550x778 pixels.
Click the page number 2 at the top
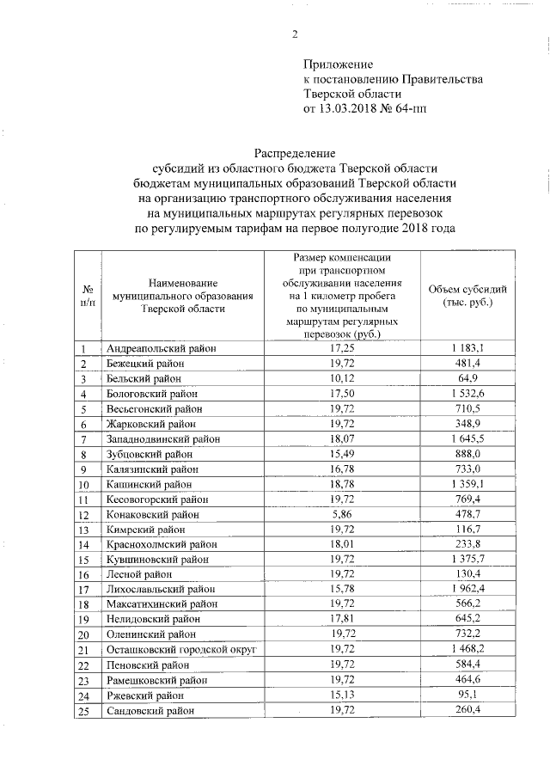coord(294,34)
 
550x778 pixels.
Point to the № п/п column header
coord(87,296)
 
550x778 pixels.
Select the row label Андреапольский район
coord(160,347)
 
